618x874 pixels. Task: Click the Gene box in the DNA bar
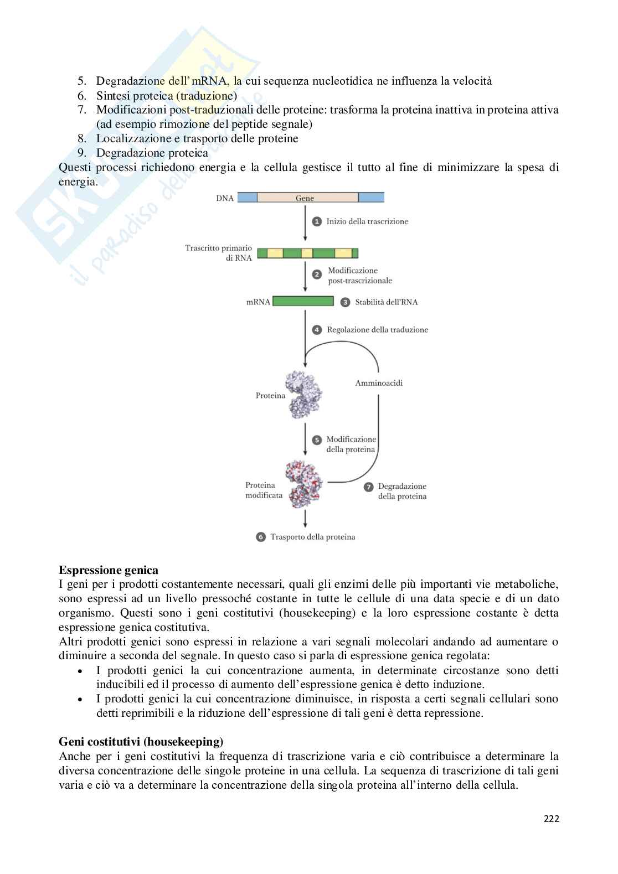(305, 198)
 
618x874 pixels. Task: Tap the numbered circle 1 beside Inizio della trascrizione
(317, 221)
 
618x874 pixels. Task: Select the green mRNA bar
(303, 302)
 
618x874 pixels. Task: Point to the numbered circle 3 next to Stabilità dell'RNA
(345, 302)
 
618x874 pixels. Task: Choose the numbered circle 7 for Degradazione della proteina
(368, 487)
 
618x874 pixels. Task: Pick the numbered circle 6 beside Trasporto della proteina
(261, 537)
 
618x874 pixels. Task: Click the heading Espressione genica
(109, 570)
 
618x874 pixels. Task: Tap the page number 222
(550, 818)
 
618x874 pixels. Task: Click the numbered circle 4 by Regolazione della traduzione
(317, 330)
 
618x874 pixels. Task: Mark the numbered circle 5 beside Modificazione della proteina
(317, 440)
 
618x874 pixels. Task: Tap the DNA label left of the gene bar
(224, 198)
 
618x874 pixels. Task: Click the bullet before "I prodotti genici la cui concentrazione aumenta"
(81, 671)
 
